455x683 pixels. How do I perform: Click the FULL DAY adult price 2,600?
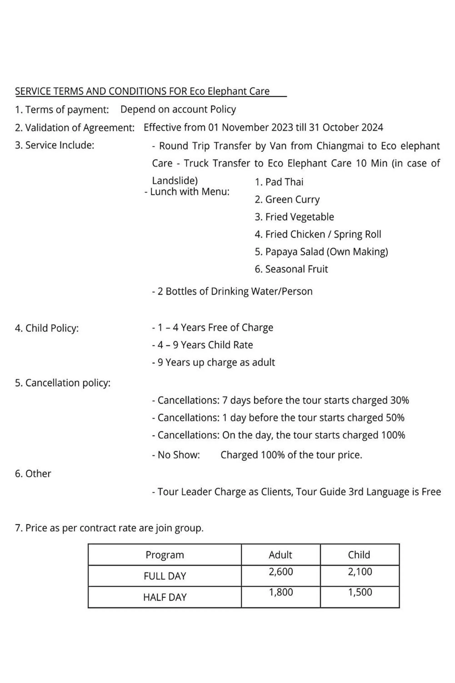pyautogui.click(x=281, y=571)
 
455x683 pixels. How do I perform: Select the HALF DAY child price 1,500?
pyautogui.click(x=360, y=592)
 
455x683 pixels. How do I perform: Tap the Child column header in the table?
pyautogui.click(x=359, y=555)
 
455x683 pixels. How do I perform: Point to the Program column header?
pyautogui.click(x=165, y=555)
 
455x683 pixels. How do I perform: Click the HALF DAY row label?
pyautogui.click(x=165, y=597)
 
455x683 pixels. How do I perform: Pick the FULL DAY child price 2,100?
pyautogui.click(x=360, y=571)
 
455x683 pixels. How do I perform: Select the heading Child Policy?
pyautogui.click(x=47, y=328)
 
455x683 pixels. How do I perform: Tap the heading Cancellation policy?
pyautogui.click(x=63, y=383)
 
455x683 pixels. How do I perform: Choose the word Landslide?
pyautogui.click(x=175, y=181)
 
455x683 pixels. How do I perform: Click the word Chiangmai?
pyautogui.click(x=340, y=146)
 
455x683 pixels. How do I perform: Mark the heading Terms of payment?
pyautogui.click(x=62, y=110)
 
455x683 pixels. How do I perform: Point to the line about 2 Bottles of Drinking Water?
pyautogui.click(x=232, y=291)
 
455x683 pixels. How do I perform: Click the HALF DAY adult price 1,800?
pyautogui.click(x=281, y=592)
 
